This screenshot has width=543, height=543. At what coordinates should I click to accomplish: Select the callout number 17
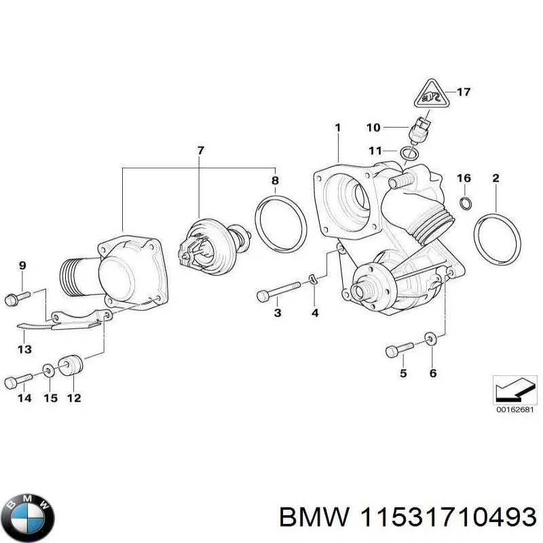click(x=464, y=92)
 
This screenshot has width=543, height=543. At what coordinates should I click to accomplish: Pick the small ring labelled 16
click(x=465, y=203)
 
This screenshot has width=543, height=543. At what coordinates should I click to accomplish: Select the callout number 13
click(x=24, y=350)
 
